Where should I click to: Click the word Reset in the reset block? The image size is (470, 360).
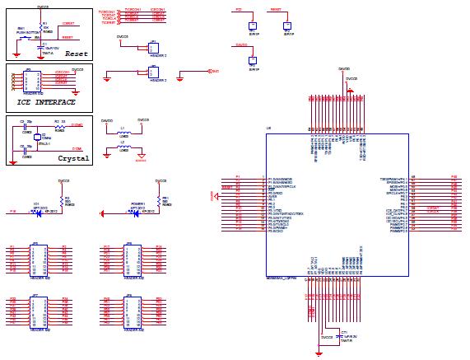[x=76, y=54]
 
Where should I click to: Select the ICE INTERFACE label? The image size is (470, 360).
[x=46, y=102]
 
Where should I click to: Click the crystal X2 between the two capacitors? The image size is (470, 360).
[x=38, y=138]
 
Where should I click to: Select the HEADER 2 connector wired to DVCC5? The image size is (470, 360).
[x=153, y=47]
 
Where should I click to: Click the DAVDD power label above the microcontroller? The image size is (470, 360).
[x=344, y=69]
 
